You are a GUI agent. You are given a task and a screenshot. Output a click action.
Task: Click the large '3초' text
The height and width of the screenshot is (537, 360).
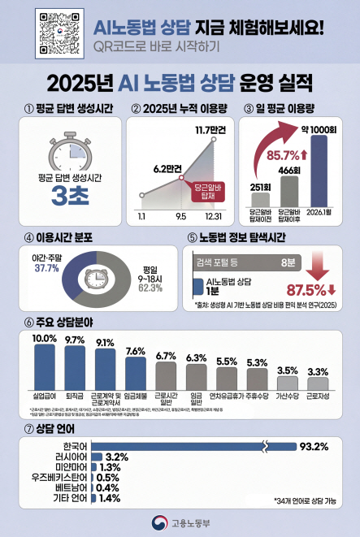point(65,197)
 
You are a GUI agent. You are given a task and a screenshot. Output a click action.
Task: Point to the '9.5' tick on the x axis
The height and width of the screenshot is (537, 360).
point(180,216)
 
